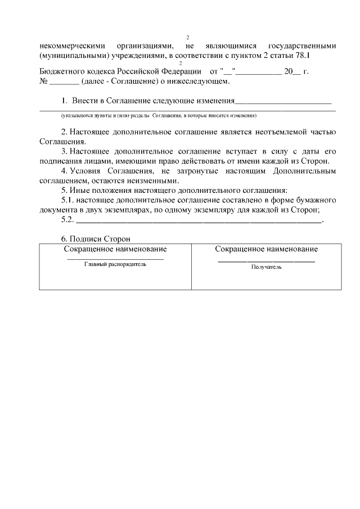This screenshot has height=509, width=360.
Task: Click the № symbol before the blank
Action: click(44, 82)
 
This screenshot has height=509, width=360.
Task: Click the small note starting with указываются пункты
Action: click(159, 115)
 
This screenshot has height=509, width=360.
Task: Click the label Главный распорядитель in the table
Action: click(115, 265)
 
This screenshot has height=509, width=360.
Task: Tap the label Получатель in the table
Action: click(266, 267)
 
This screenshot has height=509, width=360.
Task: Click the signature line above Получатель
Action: click(266, 261)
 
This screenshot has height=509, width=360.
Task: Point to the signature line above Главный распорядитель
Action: click(115, 259)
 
